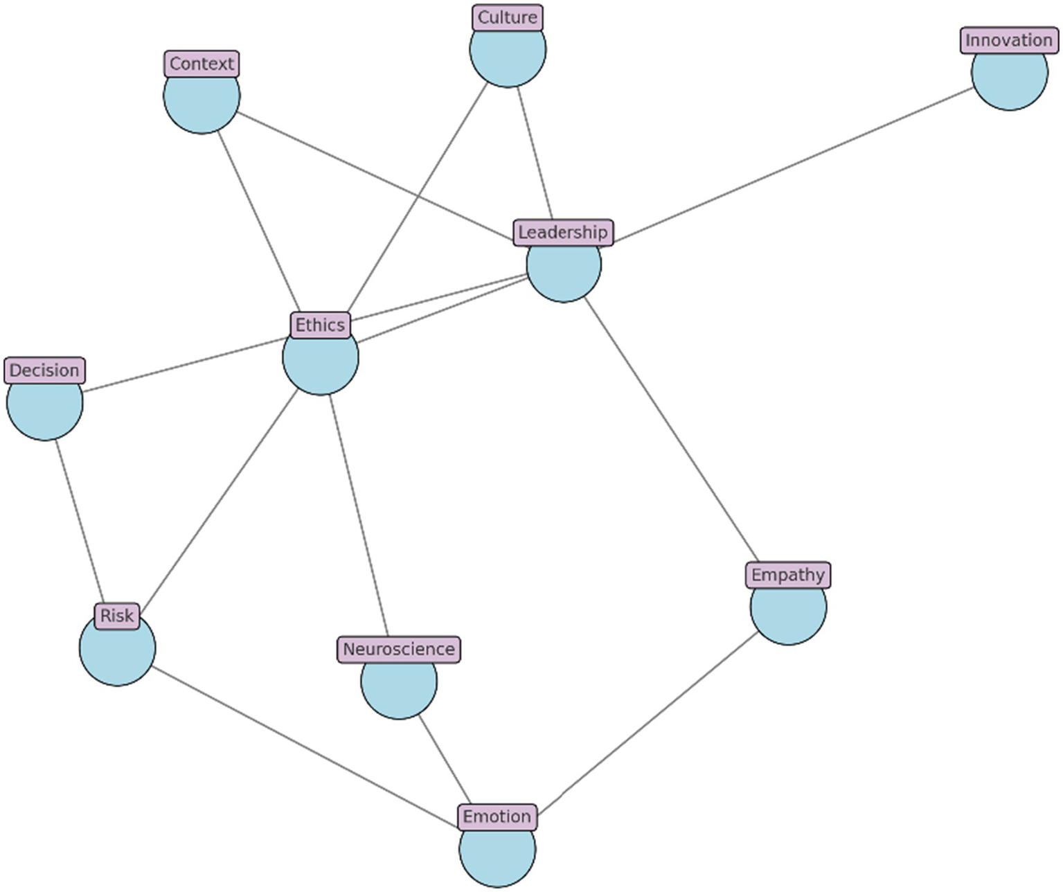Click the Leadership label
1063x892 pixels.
(x=563, y=233)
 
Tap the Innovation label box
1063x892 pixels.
(x=1008, y=41)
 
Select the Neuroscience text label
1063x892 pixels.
(x=399, y=650)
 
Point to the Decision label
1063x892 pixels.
(x=45, y=371)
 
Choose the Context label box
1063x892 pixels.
(x=202, y=64)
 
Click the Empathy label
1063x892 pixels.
(x=788, y=575)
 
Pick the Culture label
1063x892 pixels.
(x=508, y=18)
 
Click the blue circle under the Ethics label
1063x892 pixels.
(x=321, y=364)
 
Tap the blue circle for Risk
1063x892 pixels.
(x=117, y=654)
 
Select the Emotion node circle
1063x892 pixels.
(x=497, y=856)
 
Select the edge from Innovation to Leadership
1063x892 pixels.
(x=789, y=166)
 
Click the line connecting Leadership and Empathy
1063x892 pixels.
(x=672, y=429)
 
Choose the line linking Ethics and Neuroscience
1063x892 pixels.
(x=358, y=516)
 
